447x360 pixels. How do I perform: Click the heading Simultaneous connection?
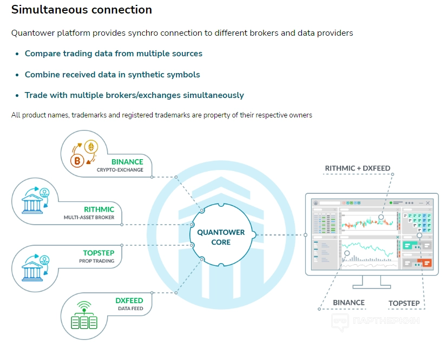(81, 10)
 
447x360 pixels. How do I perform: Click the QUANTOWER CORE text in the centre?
(221, 237)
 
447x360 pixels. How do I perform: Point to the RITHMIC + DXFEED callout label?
(357, 168)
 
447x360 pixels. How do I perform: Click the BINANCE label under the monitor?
(349, 303)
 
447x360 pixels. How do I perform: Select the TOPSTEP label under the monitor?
(404, 303)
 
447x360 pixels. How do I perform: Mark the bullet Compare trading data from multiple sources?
(113, 54)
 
